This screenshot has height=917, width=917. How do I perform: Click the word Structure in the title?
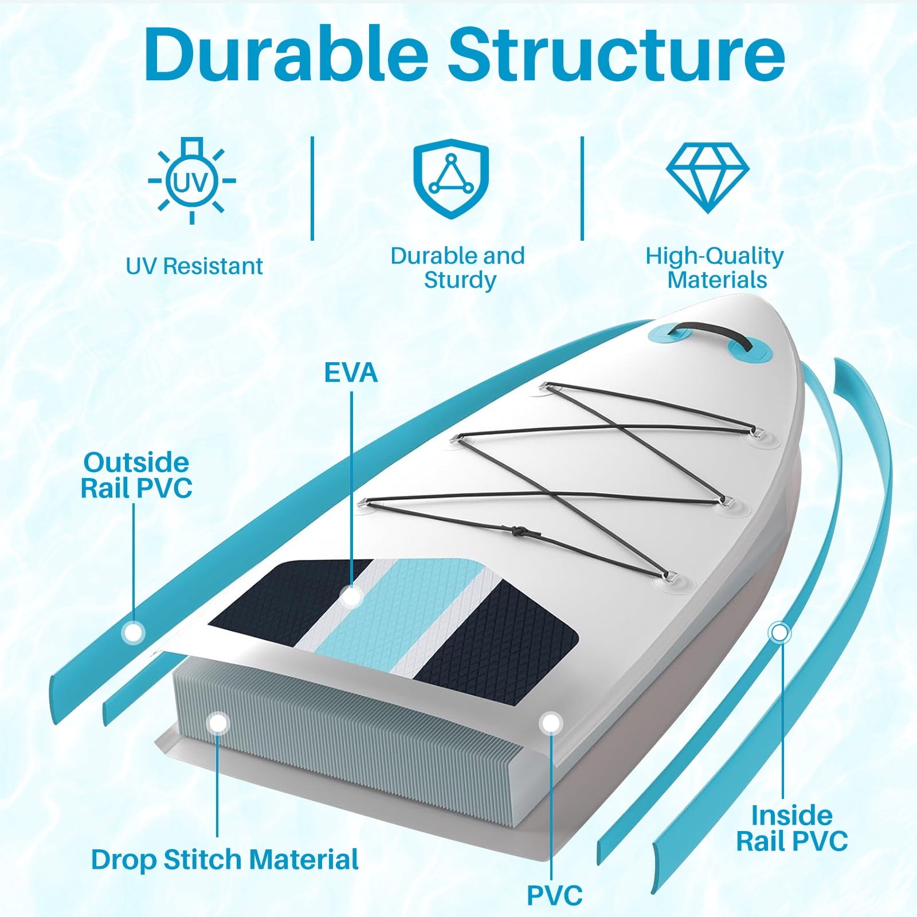[616, 53]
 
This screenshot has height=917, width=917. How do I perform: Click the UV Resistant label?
[194, 267]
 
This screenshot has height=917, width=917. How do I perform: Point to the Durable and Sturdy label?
[458, 268]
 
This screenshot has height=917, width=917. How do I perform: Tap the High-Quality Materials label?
[715, 268]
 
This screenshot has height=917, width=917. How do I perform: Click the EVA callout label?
[351, 373]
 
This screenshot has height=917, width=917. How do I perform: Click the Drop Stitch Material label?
[225, 860]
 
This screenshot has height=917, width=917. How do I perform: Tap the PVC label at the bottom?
[555, 896]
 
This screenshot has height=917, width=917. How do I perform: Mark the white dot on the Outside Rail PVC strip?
[134, 633]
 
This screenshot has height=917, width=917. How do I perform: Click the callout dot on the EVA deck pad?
[351, 597]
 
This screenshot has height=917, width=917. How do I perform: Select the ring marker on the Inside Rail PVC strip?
[779, 633]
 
